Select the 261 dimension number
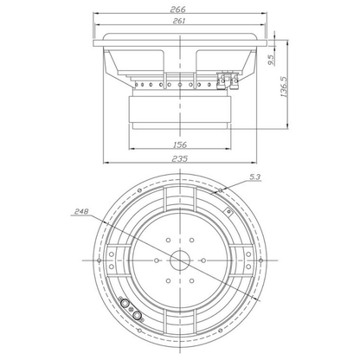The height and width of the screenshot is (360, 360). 179,21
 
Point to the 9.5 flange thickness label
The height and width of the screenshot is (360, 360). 272,61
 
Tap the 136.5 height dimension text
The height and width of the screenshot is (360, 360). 284,87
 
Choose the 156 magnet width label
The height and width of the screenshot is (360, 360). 180,145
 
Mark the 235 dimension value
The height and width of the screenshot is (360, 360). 180,158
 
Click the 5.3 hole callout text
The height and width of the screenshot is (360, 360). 255,177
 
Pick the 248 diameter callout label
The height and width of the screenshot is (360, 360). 81,211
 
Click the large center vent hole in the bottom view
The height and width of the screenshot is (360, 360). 180,260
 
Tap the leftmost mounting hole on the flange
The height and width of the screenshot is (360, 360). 100,260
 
